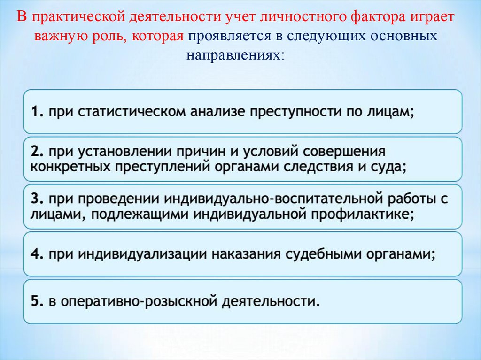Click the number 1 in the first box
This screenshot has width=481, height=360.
pyautogui.click(x=36, y=113)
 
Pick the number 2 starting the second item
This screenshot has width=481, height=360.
pyautogui.click(x=36, y=152)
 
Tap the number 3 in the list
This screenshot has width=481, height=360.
pyautogui.click(x=36, y=199)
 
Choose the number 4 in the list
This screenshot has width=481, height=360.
pyautogui.click(x=36, y=254)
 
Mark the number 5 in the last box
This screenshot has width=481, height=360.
pyautogui.click(x=36, y=301)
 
